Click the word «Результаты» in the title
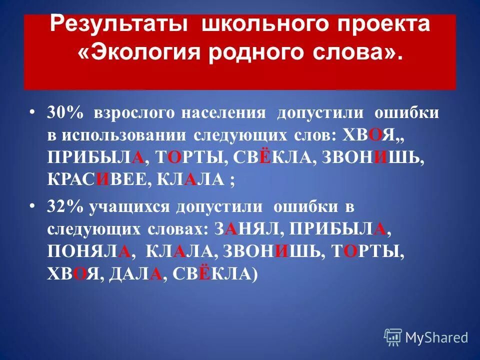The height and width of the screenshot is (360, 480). click(121, 24)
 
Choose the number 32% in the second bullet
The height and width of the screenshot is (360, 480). click(65, 206)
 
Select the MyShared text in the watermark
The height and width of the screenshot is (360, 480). click(436, 337)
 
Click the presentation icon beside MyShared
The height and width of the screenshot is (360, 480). click(393, 337)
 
